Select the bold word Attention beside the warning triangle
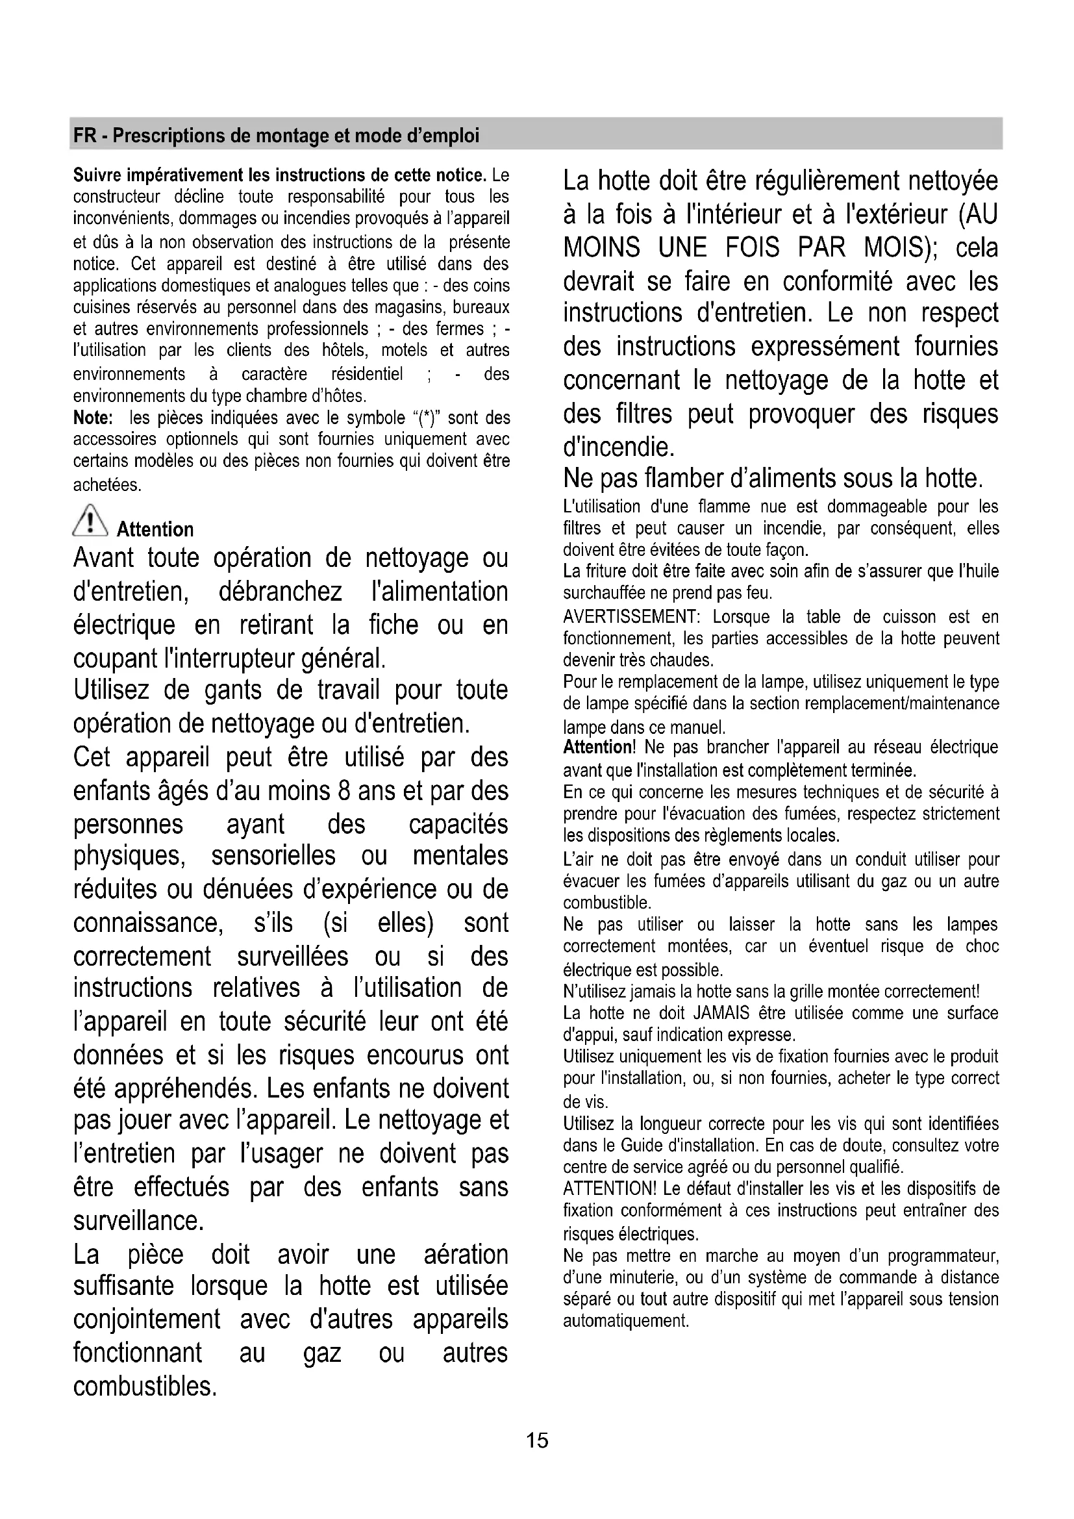155,529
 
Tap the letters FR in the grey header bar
84,136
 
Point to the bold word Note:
94,418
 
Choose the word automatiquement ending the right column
625,1321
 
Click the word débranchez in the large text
280,591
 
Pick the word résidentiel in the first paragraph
366,375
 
